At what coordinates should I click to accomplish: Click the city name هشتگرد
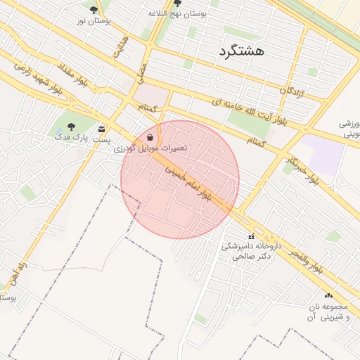(241, 52)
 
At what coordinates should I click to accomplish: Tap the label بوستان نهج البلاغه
(177, 13)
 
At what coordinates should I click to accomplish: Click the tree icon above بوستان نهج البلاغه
(176, 3)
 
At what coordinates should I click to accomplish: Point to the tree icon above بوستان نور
(94, 10)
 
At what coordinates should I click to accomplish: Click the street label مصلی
(142, 69)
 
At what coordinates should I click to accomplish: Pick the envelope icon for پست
(102, 129)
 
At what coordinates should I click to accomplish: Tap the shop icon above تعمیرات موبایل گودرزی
(152, 137)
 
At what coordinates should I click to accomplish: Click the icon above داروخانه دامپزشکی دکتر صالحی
(251, 236)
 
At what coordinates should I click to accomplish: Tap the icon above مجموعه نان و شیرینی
(328, 296)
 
